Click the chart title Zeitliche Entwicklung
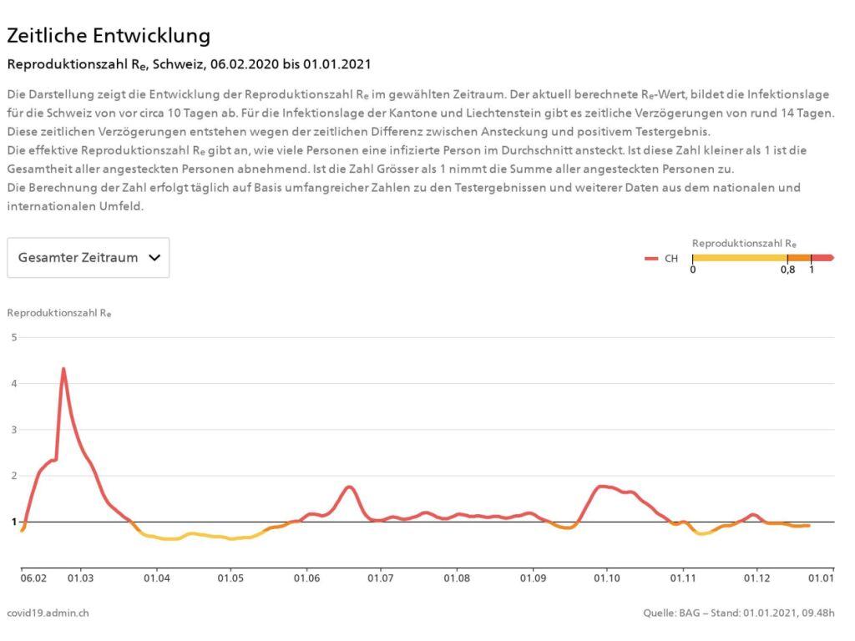tap(109, 36)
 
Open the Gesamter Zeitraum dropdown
tap(89, 258)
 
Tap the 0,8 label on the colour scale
tap(787, 270)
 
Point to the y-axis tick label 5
tap(13, 337)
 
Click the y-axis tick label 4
tap(13, 383)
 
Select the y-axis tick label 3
tap(13, 430)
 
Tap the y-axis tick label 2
tap(13, 476)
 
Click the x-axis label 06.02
tap(33, 578)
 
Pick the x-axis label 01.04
tap(156, 578)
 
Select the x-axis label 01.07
tap(381, 578)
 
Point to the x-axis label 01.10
tap(607, 578)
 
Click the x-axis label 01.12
tap(757, 578)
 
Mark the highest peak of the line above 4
tap(63, 369)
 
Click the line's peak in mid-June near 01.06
tap(350, 487)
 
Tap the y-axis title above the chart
tap(59, 314)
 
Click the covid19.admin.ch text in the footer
tap(48, 613)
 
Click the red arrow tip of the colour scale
tap(829, 258)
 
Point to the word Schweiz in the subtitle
tap(179, 64)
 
